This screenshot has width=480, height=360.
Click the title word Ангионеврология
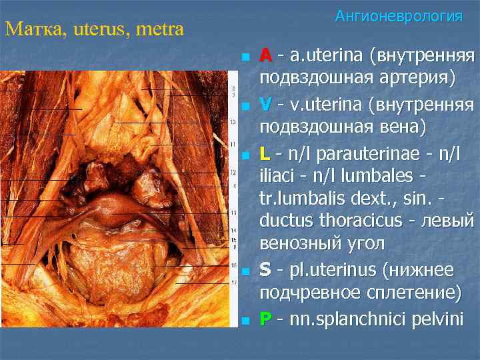[399, 16]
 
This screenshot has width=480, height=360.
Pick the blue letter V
[265, 105]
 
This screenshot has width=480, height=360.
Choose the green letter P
[265, 320]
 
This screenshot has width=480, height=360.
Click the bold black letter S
[265, 270]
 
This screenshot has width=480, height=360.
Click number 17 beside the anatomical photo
[233, 283]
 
